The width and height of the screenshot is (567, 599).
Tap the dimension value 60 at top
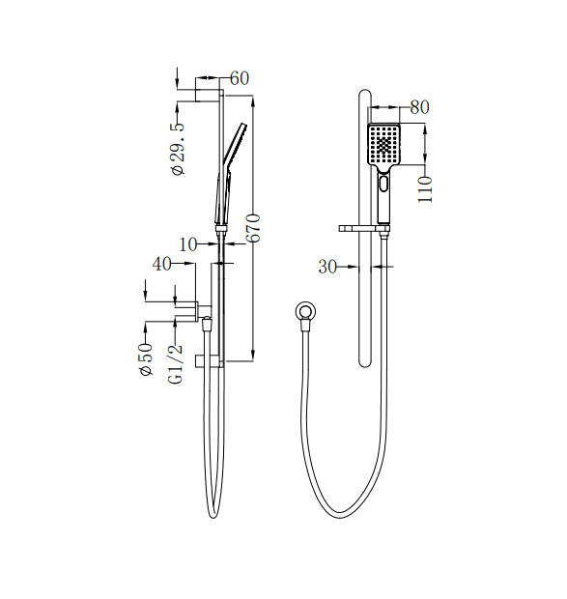240,78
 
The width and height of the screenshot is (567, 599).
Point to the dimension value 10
188,244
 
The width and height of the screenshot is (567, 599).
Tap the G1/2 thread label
177,364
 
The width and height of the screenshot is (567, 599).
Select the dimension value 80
418,107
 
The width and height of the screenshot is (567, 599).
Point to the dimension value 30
327,267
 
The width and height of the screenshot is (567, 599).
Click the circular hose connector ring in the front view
305,311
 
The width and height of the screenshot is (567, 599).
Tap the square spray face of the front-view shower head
384,146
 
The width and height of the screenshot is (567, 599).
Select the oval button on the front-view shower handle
384,183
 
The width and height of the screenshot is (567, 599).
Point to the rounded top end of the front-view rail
364,95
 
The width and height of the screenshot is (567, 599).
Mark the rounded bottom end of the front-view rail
364,363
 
